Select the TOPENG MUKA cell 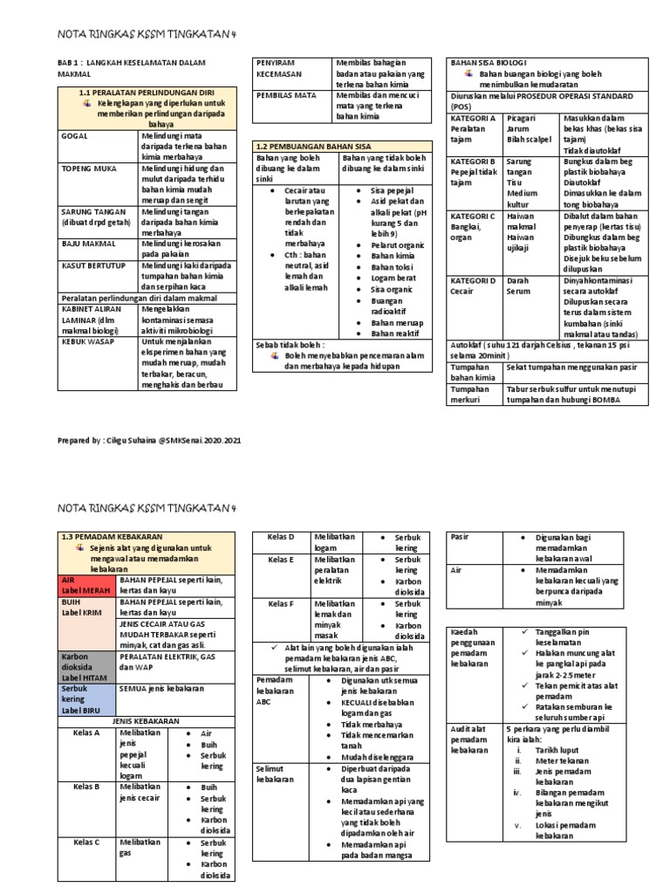pos(84,167)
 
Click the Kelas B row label pos(86,787)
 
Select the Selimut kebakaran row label pos(271,773)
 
